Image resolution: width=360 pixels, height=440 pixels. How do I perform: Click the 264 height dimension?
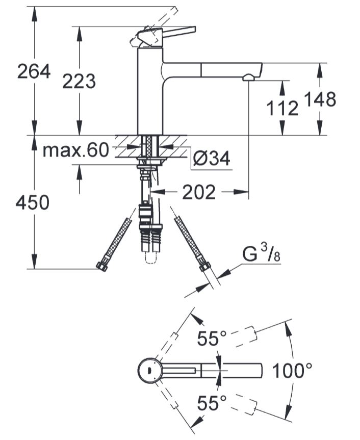(x=34, y=71)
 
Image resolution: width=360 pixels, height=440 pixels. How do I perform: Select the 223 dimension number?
(x=79, y=81)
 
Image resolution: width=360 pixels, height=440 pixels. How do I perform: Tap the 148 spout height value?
(x=320, y=99)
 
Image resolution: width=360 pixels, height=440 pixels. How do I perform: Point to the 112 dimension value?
(x=282, y=108)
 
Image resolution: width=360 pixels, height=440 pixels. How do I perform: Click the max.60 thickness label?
(x=76, y=150)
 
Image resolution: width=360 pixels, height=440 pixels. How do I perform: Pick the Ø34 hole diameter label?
(x=212, y=158)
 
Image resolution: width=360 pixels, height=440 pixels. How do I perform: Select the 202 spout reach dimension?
(x=199, y=192)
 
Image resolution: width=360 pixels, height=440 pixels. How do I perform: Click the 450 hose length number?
(x=32, y=202)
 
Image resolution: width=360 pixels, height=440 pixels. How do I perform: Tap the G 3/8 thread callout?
(x=262, y=253)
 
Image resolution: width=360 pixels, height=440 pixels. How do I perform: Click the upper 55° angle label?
(x=212, y=338)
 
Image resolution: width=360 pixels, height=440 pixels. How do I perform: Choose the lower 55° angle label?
(x=212, y=403)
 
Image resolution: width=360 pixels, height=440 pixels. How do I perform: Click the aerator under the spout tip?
(x=249, y=77)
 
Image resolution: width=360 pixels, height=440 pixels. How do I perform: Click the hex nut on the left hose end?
(x=102, y=266)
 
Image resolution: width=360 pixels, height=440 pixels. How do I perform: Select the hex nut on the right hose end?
(x=204, y=266)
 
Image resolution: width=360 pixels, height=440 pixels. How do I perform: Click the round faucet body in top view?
(x=150, y=371)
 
